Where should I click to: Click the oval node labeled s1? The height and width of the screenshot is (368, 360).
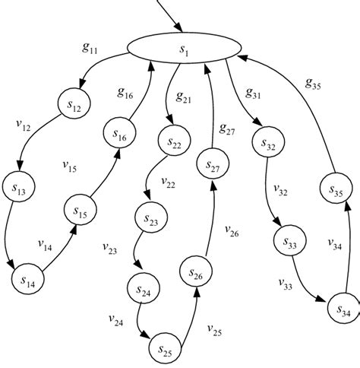[x=182, y=49]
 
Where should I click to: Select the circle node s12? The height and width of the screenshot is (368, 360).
[x=74, y=106]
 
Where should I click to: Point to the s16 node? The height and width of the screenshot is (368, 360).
[x=121, y=135]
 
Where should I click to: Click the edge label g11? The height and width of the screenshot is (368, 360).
[x=90, y=47]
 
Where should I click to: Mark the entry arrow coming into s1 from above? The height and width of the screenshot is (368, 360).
[x=169, y=15]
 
